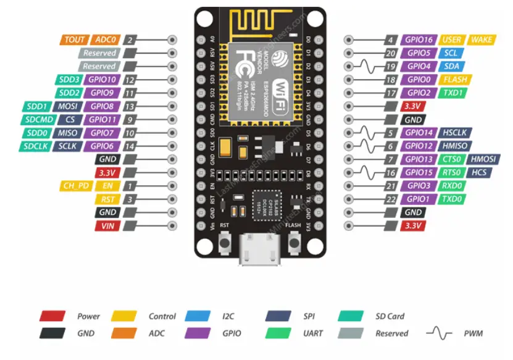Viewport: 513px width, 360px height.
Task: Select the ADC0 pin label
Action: [x=106, y=40]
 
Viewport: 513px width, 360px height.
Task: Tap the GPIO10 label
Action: [x=102, y=80]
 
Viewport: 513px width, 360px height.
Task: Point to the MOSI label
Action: [x=67, y=106]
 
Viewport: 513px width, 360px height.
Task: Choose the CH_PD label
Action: [x=76, y=186]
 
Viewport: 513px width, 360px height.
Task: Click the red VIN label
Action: [x=106, y=226]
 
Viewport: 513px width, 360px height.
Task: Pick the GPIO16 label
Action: [x=419, y=40]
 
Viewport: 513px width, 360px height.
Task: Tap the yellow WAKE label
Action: [x=482, y=40]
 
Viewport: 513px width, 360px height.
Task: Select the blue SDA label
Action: [x=452, y=66]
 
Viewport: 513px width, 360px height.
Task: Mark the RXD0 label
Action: [x=452, y=186]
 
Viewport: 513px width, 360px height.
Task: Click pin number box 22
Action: [x=390, y=199]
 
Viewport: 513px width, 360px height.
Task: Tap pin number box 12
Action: [x=130, y=80]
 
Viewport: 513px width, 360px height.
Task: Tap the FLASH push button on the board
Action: [x=293, y=245]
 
